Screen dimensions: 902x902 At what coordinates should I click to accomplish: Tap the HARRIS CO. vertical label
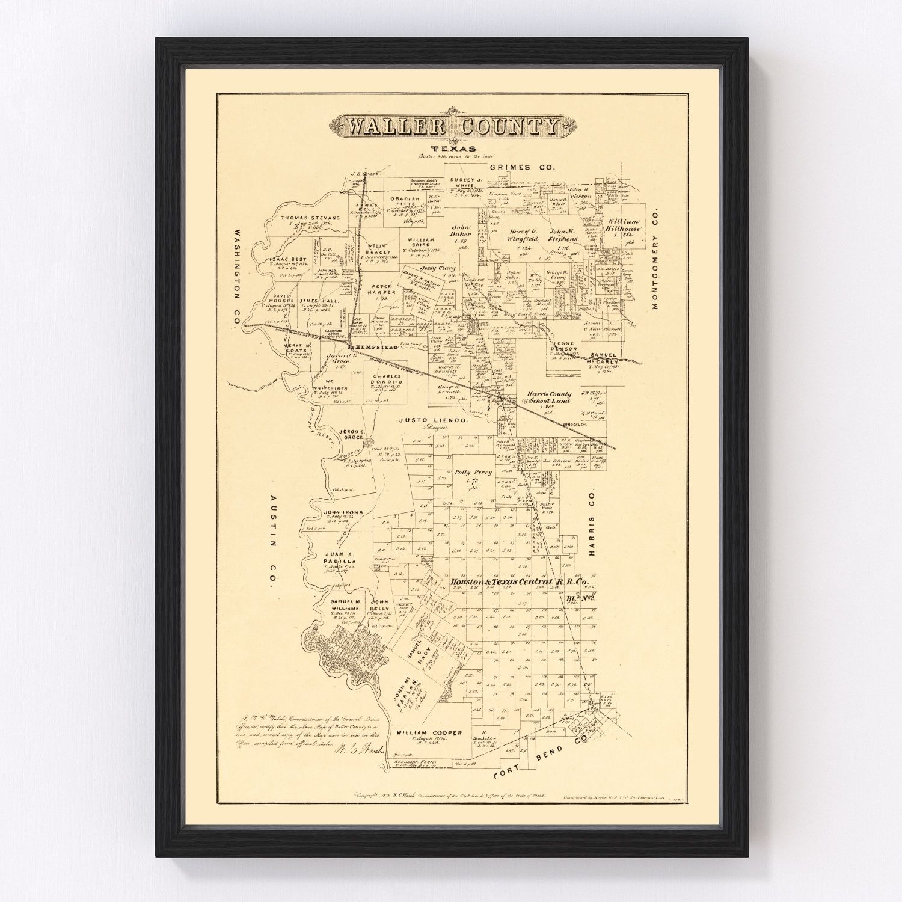[x=591, y=520]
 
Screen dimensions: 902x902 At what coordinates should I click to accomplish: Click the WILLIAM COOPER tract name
[x=429, y=732]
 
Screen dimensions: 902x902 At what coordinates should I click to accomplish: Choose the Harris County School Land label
[x=547, y=398]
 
